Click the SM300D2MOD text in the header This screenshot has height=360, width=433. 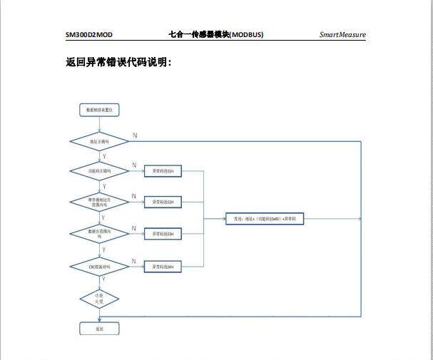89,35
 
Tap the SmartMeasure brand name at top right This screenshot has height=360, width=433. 342,35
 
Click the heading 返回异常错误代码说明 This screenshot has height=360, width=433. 118,63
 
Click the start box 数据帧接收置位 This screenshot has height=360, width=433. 99,110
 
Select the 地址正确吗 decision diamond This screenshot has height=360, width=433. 99,141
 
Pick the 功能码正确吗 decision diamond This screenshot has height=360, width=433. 99,171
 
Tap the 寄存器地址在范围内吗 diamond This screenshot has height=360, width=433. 99,202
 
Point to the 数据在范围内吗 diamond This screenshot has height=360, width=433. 99,233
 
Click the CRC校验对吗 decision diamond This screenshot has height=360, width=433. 99,266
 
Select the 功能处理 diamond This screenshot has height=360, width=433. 99,298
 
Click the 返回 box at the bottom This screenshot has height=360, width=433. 99,329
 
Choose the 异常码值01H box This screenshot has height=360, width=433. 163,171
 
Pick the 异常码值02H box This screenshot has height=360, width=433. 163,202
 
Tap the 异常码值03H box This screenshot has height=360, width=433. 163,234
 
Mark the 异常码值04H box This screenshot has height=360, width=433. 163,266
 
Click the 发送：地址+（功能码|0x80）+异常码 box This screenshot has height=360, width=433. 265,218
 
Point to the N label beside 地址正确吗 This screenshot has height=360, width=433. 135,135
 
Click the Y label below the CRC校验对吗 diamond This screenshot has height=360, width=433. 104,280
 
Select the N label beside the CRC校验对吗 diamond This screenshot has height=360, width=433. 134,260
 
